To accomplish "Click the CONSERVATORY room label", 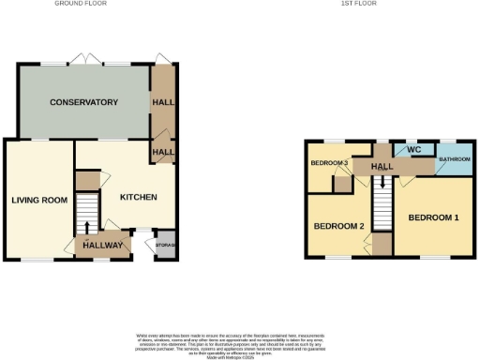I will [84, 101].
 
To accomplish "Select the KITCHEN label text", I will [137, 197].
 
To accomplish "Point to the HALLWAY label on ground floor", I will [102, 246].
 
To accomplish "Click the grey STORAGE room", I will [165, 245].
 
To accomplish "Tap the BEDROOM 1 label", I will [433, 217].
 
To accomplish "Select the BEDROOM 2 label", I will [338, 227].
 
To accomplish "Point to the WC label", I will [413, 149].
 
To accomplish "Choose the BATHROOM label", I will [454, 160].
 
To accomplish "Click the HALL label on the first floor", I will [382, 166].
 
